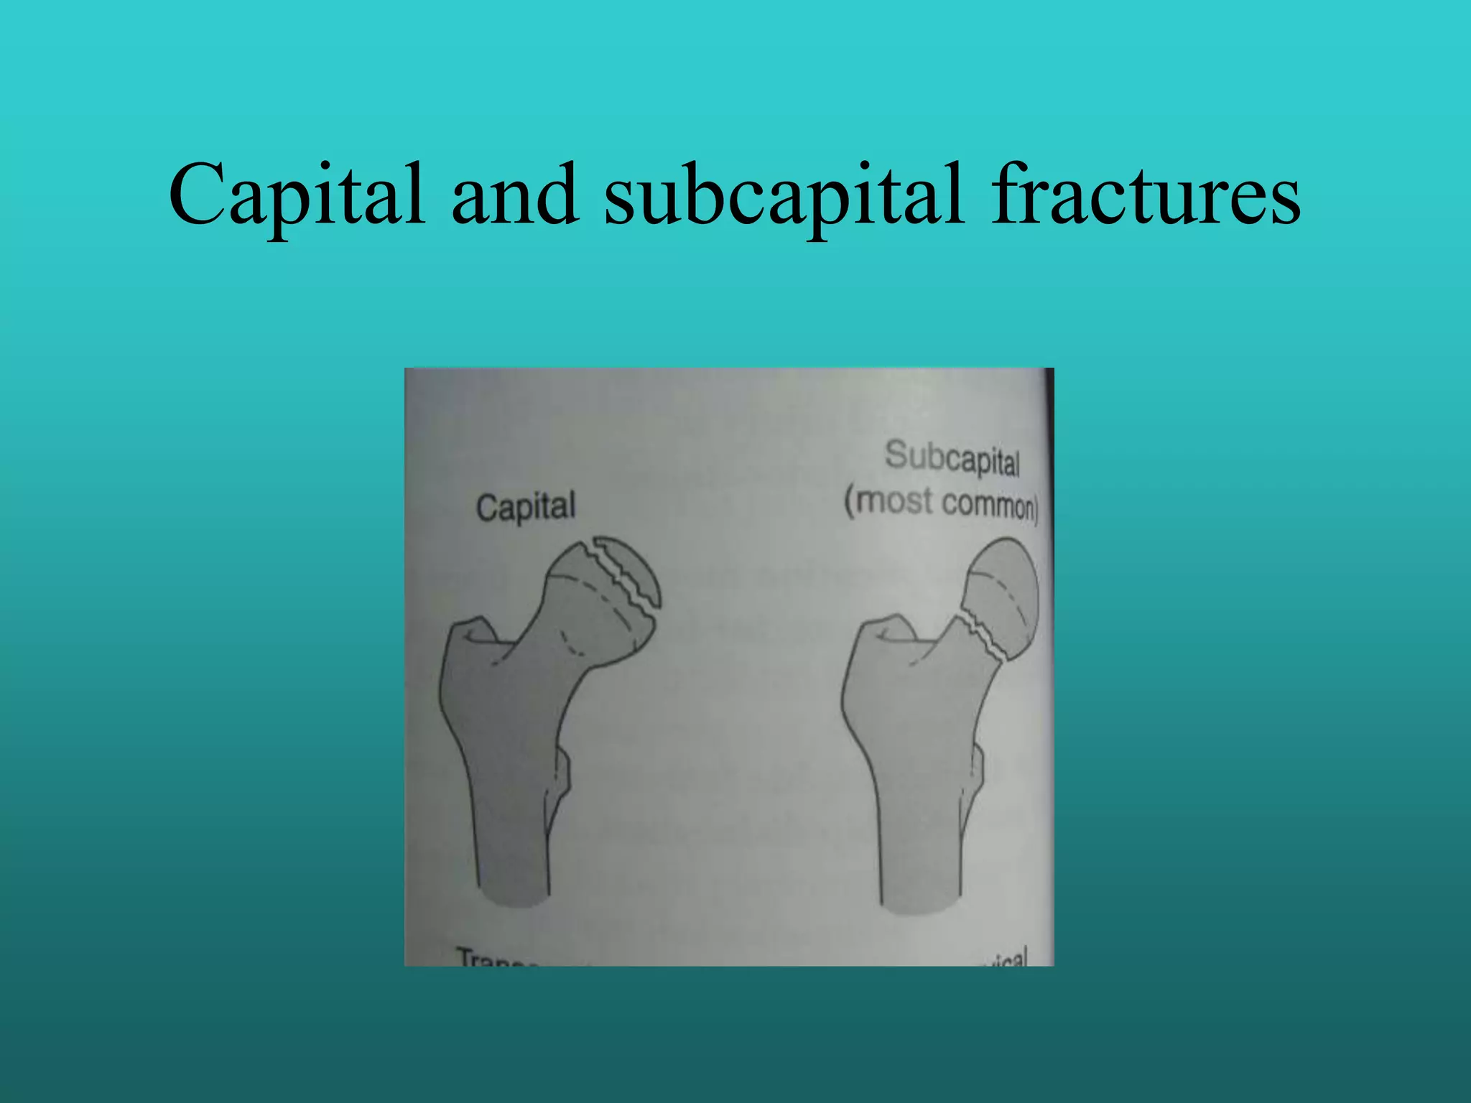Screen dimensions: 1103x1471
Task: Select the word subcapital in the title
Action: [783, 195]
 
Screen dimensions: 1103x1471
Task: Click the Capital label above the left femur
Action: [526, 507]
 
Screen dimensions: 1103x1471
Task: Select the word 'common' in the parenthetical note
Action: [988, 504]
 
